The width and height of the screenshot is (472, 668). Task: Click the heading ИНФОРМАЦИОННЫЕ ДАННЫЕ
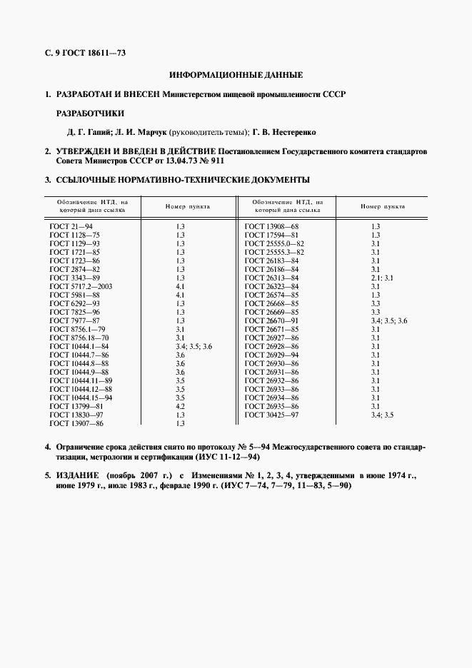coord(236,74)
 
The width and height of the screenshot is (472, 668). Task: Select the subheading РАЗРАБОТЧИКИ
coord(89,113)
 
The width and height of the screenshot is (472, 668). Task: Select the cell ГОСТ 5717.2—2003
coord(81,285)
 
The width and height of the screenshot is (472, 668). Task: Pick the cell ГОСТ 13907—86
coord(76,423)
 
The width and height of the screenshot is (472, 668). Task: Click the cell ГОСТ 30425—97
coord(271,415)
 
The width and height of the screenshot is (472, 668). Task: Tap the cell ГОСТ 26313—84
coord(271,277)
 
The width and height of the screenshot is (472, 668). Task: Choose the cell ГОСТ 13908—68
coord(271,226)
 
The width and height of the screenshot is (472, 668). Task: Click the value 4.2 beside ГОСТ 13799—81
coord(180,406)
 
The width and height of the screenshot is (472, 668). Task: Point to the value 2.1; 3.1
coord(382,277)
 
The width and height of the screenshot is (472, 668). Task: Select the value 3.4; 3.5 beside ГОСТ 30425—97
coord(382,415)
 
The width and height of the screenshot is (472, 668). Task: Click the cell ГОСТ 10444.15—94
coord(81,398)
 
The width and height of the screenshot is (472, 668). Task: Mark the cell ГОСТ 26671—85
coord(271,328)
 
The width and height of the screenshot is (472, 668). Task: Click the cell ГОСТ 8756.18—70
coord(79,337)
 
